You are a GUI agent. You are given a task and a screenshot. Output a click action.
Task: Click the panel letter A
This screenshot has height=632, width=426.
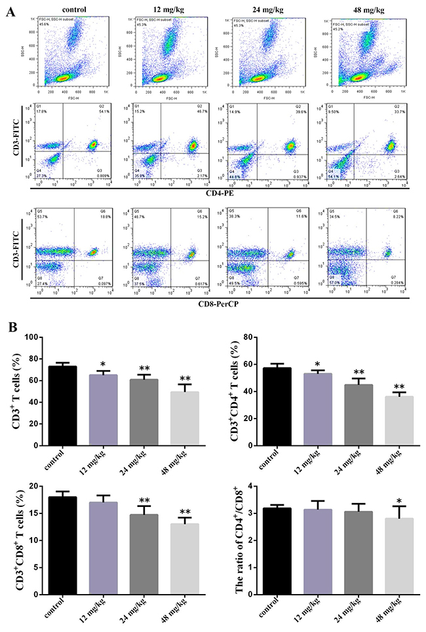click(x=9, y=11)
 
